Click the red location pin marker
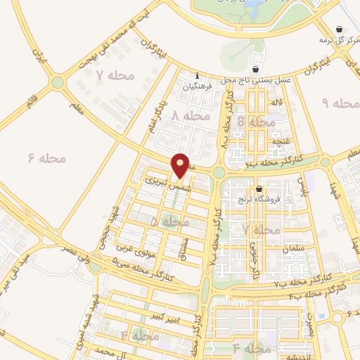pyautogui.click(x=181, y=165)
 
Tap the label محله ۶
pyautogui.click(x=46, y=158)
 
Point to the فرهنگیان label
pyautogui.click(x=196, y=89)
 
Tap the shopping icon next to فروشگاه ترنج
pyautogui.click(x=259, y=188)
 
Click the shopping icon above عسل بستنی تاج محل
pyautogui.click(x=255, y=69)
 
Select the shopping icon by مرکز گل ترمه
pyautogui.click(x=340, y=30)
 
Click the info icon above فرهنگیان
pyautogui.click(x=198, y=77)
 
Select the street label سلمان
pyautogui.click(x=292, y=250)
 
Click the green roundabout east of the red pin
pyautogui.click(x=219, y=172)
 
